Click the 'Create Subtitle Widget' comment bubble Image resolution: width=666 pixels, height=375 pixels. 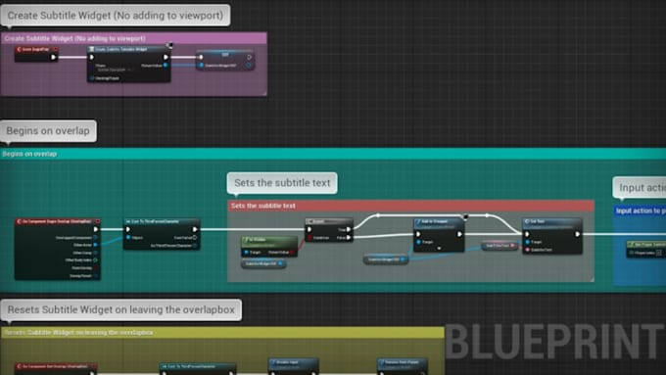click(116, 15)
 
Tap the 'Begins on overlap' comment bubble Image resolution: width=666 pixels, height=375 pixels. click(48, 131)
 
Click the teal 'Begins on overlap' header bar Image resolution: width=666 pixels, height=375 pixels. click(294, 154)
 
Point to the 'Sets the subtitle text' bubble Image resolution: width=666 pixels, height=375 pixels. click(282, 183)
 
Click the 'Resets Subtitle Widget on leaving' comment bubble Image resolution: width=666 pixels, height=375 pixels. click(123, 310)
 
